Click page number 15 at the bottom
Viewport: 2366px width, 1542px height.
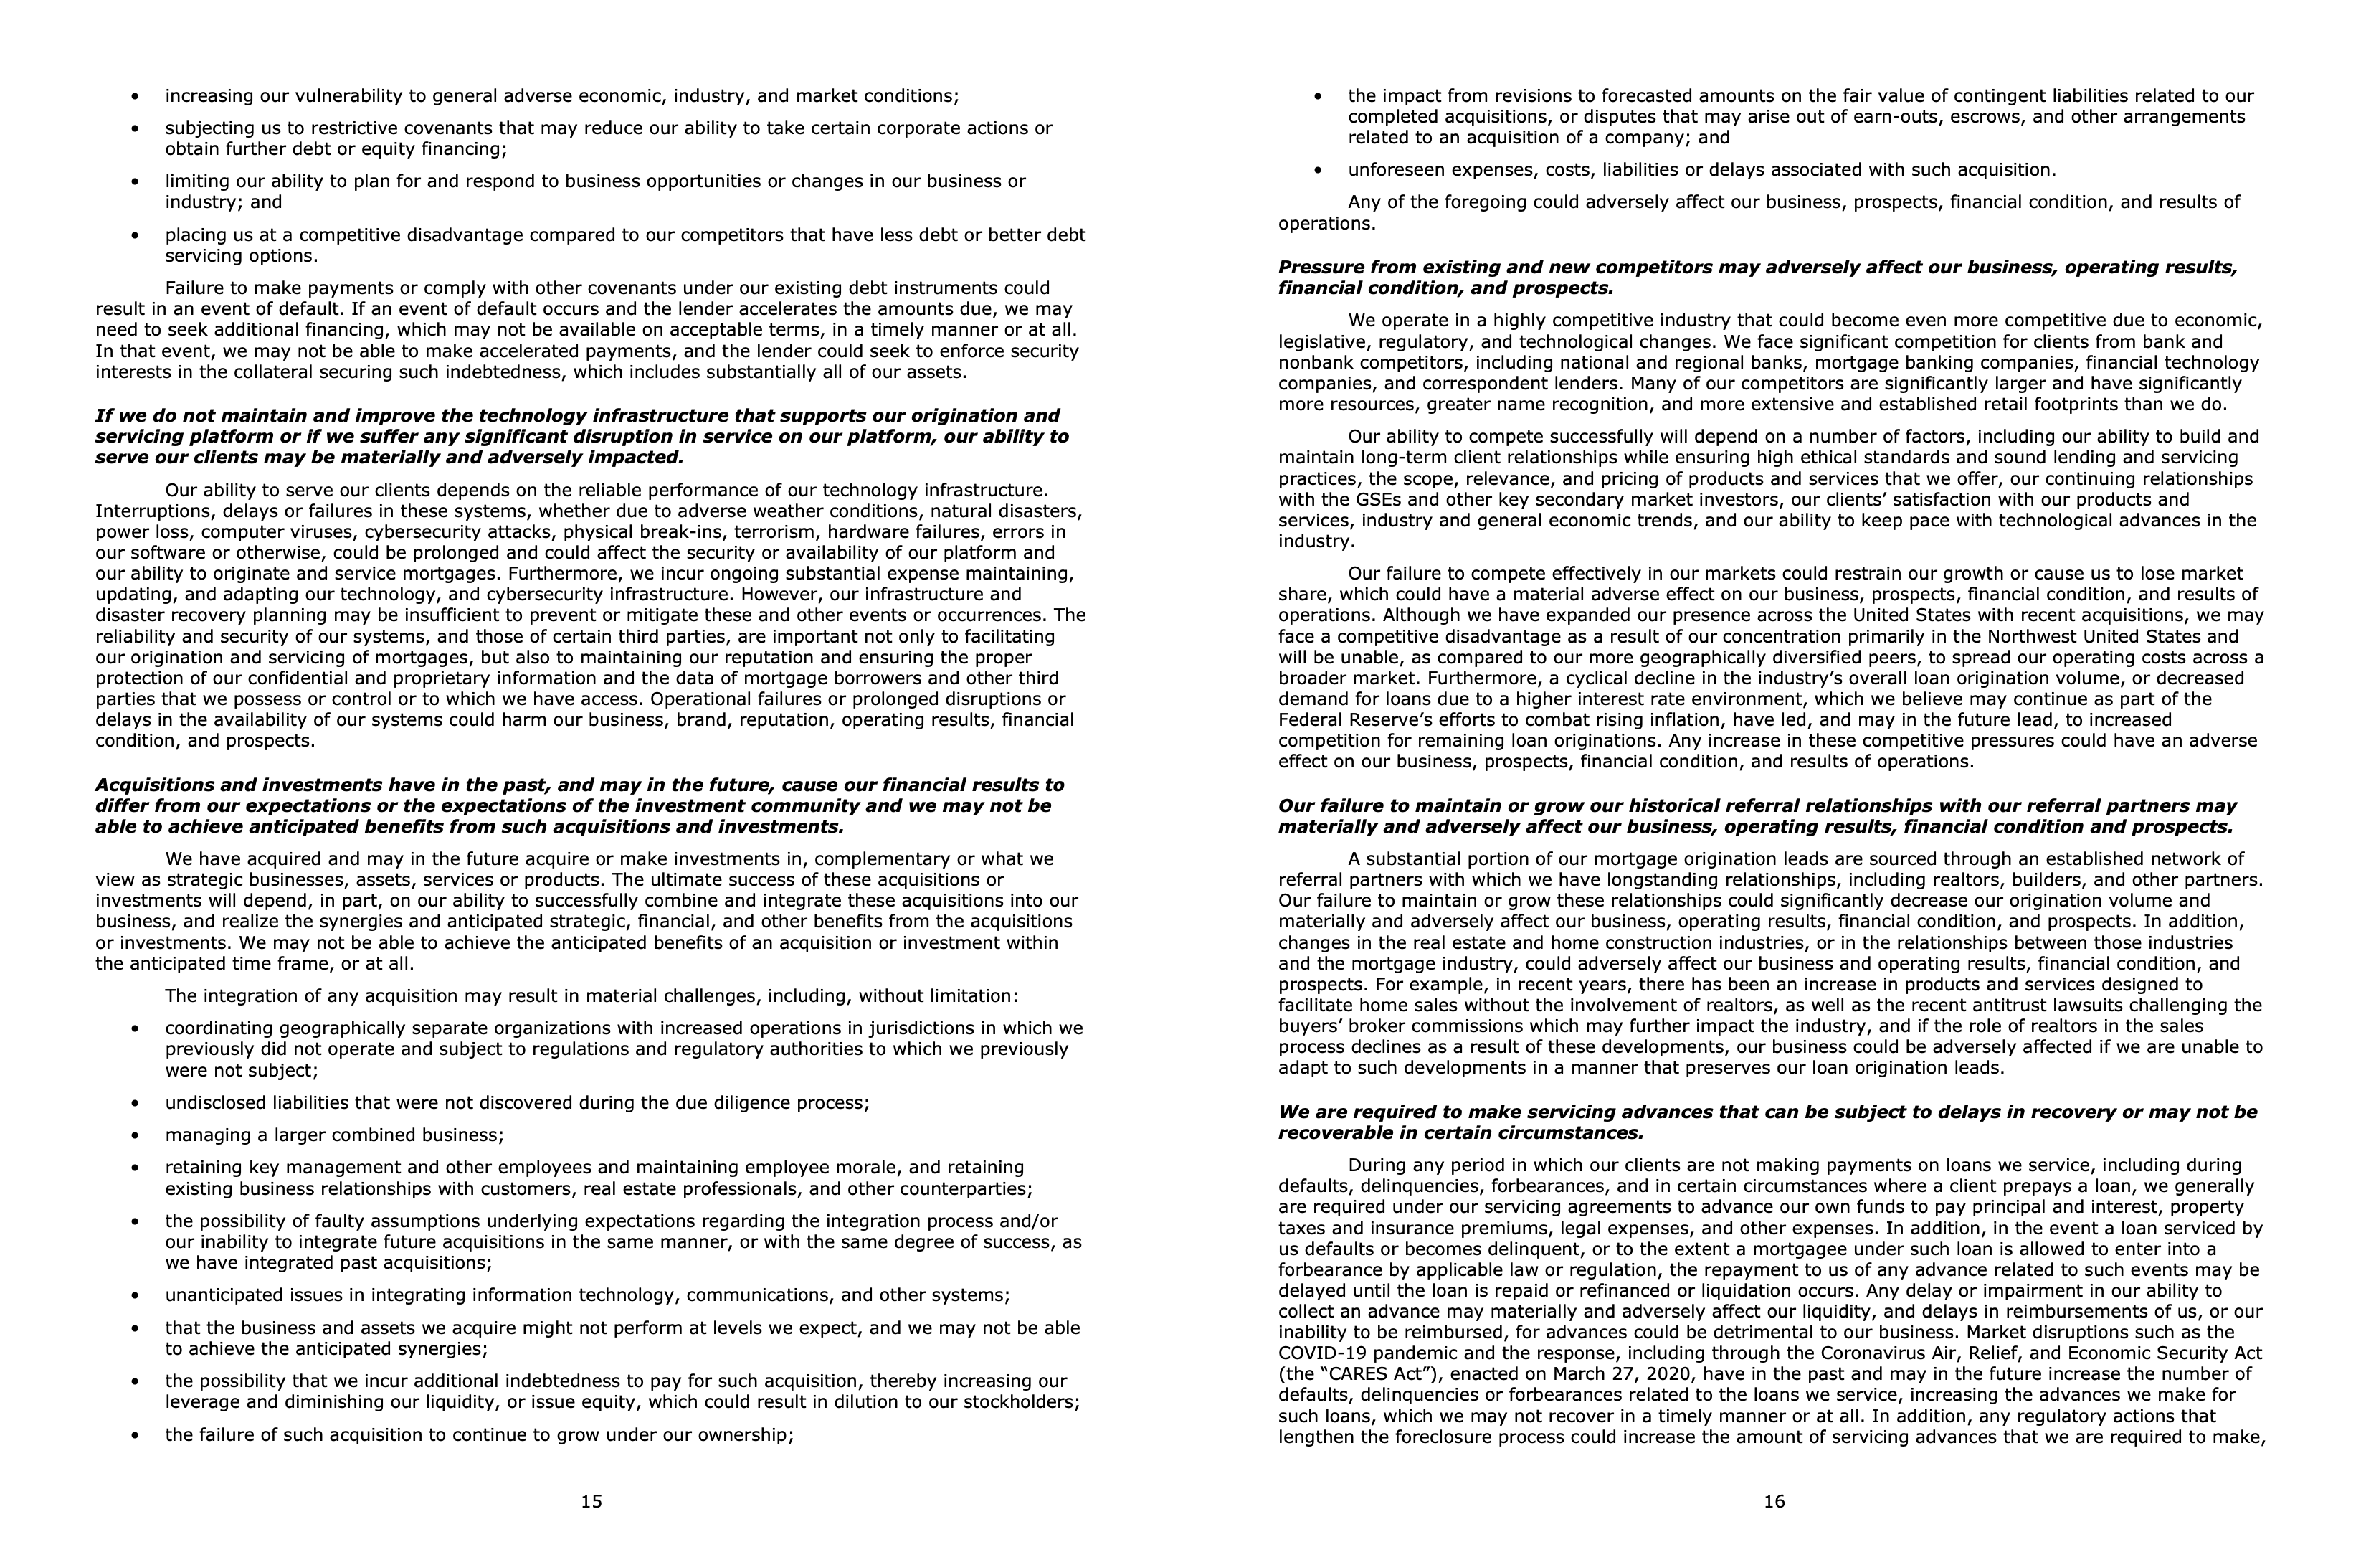591,1501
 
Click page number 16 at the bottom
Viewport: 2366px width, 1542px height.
1774,1501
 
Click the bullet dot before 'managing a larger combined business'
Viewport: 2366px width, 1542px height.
136,1135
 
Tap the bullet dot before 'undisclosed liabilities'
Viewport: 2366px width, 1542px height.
136,1104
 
